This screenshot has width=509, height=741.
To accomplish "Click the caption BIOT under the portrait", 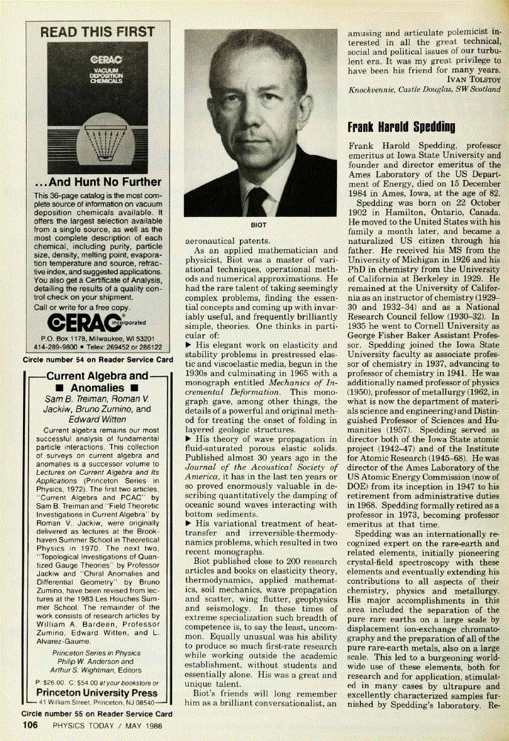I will pyautogui.click(x=259, y=222).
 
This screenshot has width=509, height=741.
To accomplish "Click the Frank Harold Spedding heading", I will pyautogui.click(x=401, y=127).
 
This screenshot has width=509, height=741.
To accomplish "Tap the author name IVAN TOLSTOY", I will pyautogui.click(x=469, y=79).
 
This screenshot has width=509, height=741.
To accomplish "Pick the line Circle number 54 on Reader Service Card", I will pyautogui.click(x=98, y=359).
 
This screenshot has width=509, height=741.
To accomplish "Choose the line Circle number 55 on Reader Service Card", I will pyautogui.click(x=98, y=714).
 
